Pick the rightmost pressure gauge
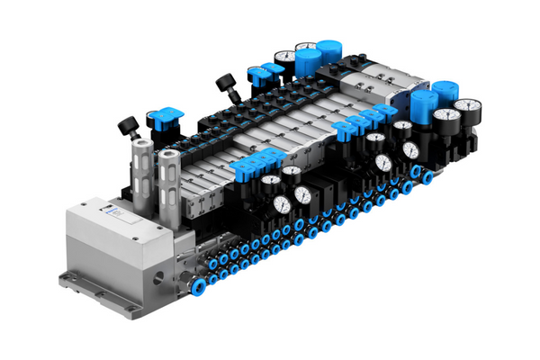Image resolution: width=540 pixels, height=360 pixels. pos(465,109)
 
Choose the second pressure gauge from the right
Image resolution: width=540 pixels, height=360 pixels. pos(444,118)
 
